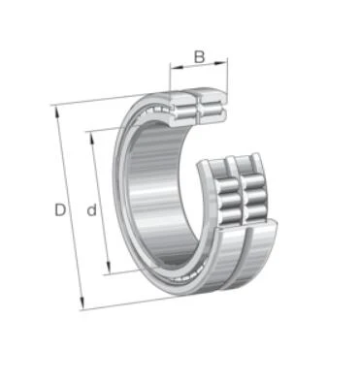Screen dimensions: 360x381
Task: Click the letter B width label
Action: [199, 57]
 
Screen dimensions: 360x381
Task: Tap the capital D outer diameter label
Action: [60, 210]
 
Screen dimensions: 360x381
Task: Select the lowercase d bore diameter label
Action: [92, 209]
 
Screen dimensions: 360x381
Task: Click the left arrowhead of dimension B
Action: [177, 67]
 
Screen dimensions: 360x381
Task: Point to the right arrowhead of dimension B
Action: [221, 63]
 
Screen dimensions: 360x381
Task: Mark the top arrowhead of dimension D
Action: [57, 111]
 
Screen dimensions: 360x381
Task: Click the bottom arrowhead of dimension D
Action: [82, 302]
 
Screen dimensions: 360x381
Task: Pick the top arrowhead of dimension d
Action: [92, 139]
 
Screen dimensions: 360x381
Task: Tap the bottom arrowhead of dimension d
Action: [110, 268]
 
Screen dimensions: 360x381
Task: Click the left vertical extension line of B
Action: [170, 77]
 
